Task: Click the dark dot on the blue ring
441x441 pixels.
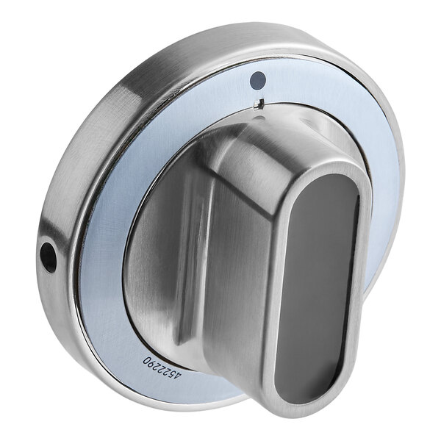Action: (x=258, y=79)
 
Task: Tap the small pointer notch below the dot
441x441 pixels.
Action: (x=259, y=104)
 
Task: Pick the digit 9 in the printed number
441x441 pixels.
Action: (x=152, y=364)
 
